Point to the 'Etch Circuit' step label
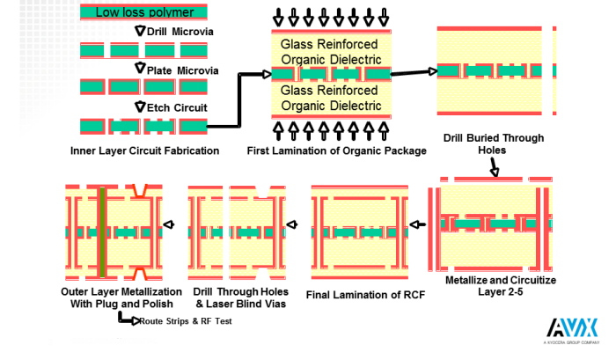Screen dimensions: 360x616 click(176, 107)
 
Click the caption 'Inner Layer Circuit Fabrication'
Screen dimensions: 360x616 click(145, 151)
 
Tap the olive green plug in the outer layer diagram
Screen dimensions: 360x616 click(102, 231)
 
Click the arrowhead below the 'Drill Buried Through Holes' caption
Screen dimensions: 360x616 click(495, 172)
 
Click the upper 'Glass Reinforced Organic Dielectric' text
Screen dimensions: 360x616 click(331, 52)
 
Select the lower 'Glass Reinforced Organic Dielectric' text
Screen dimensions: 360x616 click(331, 99)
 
